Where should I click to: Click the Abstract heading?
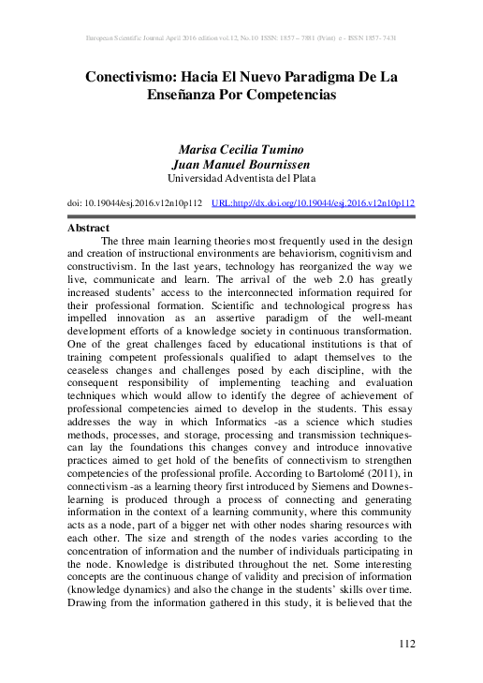pyautogui.click(x=88, y=228)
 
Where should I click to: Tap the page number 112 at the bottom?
pyautogui.click(x=406, y=645)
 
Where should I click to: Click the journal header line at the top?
pyautogui.click(x=241, y=39)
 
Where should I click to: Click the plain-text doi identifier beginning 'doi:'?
pyautogui.click(x=135, y=201)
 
